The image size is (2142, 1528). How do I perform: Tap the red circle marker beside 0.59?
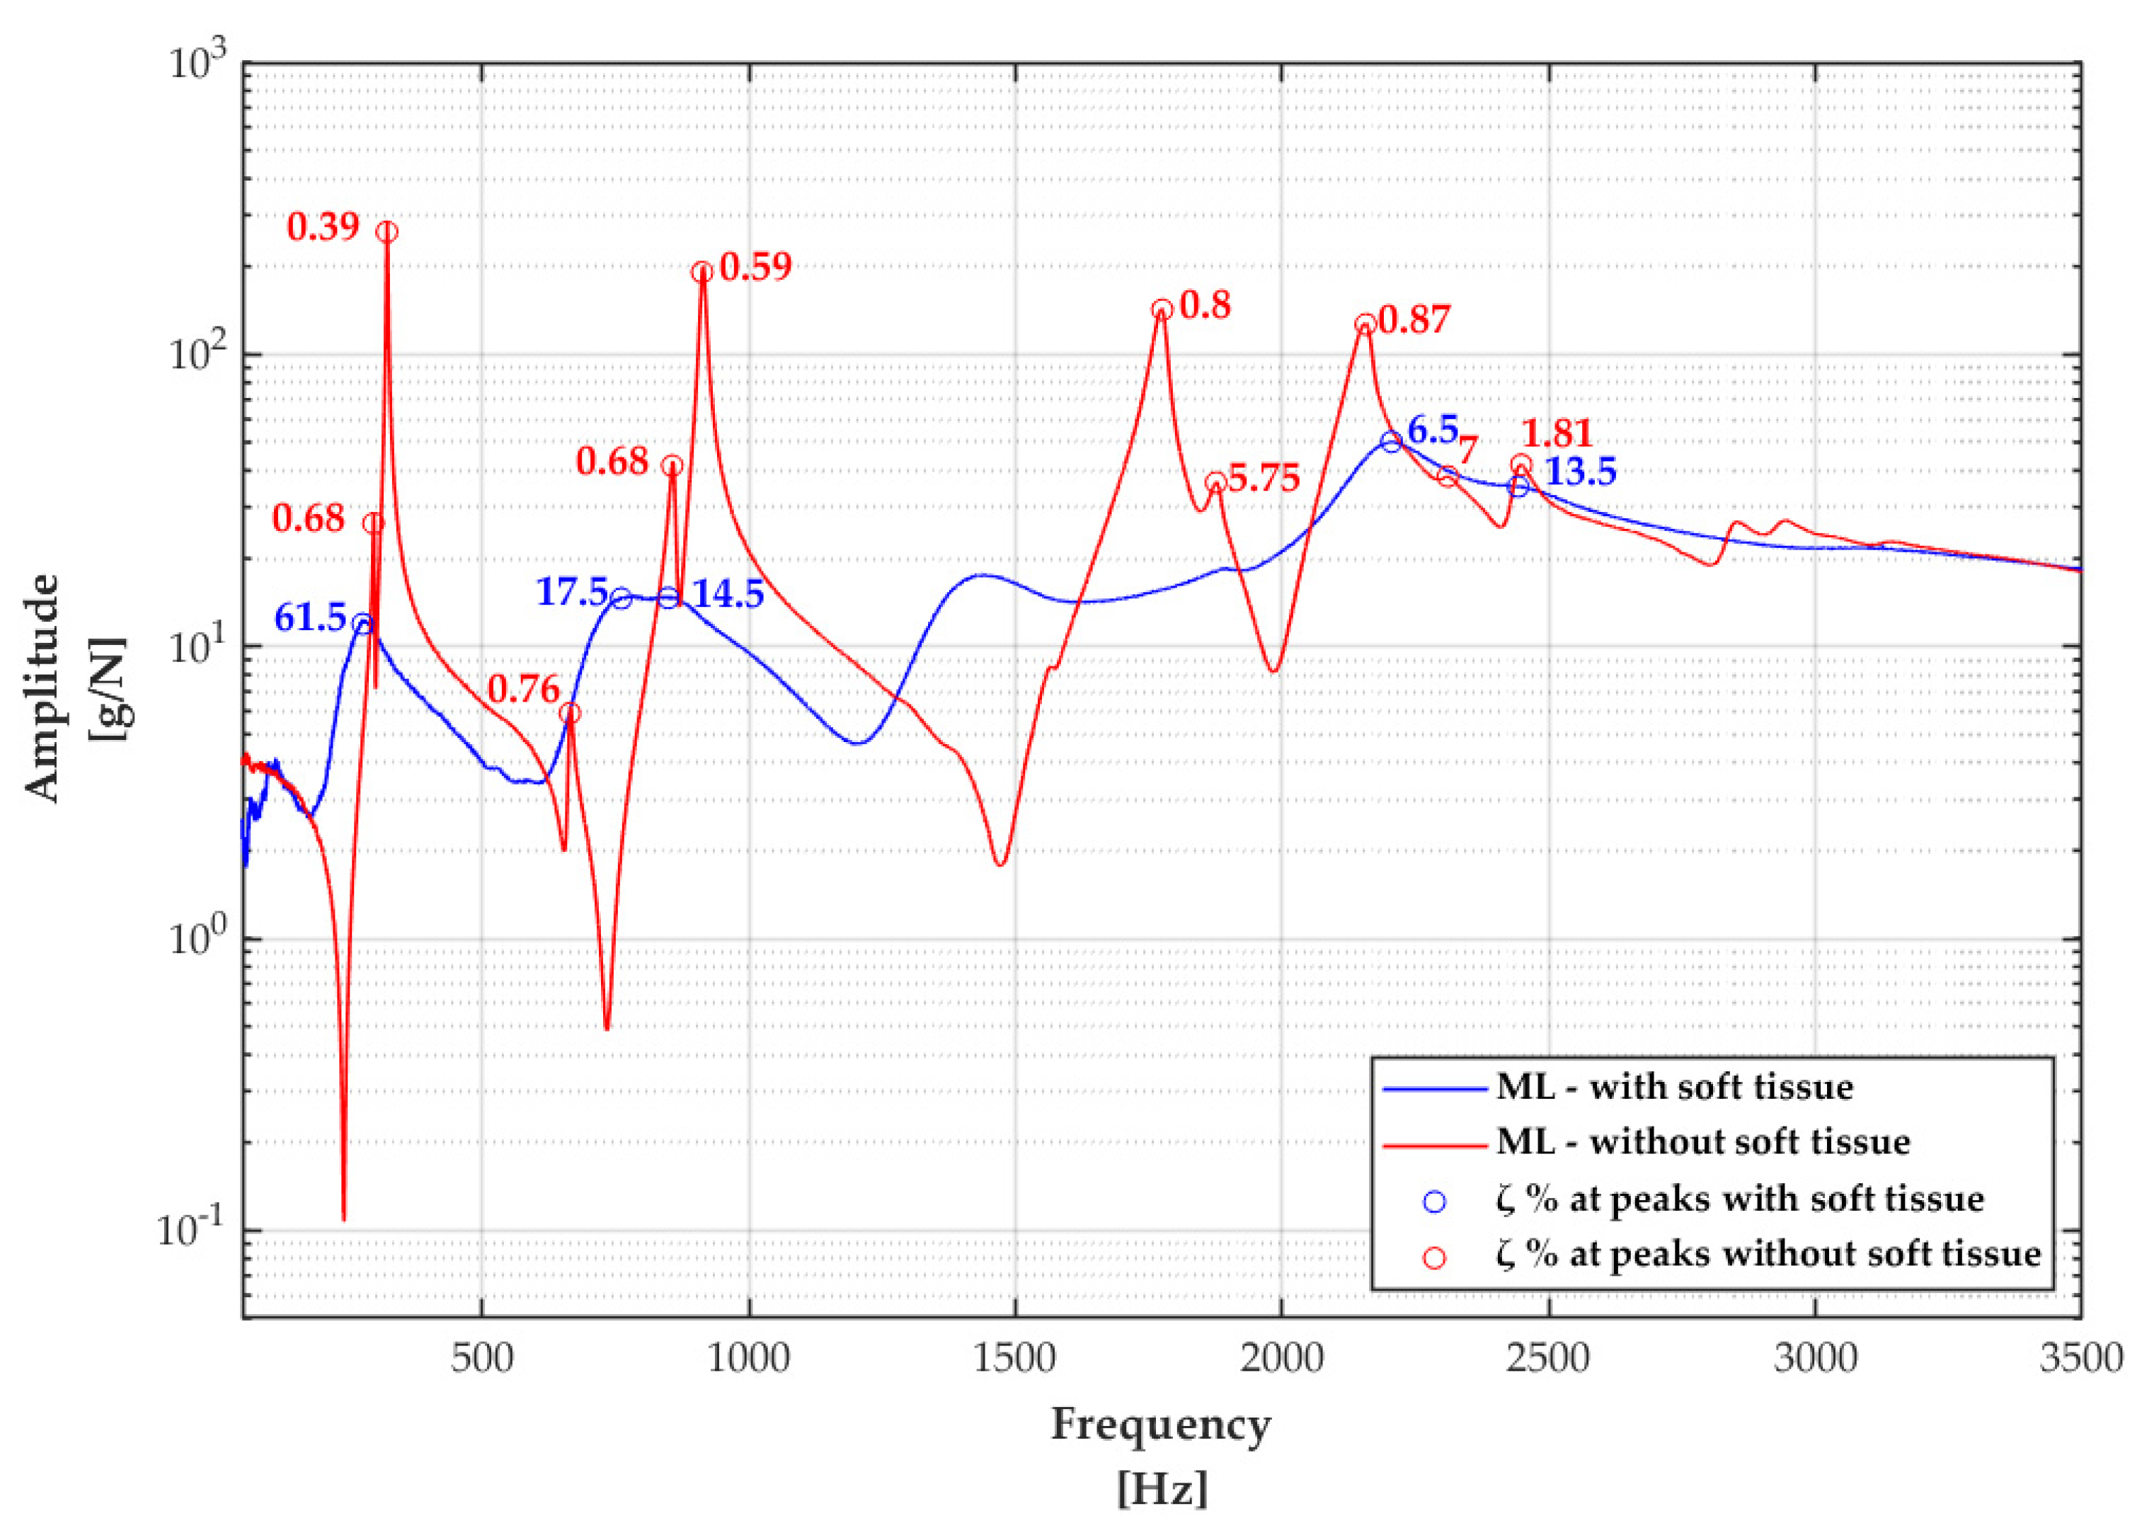(x=701, y=272)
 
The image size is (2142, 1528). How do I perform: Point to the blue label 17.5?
(x=572, y=592)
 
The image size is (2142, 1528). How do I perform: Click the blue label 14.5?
(x=728, y=595)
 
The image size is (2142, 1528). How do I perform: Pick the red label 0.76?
(x=523, y=690)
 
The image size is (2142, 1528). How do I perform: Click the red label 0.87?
(x=1415, y=320)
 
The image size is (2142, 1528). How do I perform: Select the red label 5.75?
(x=1264, y=478)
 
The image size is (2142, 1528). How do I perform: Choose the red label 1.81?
(x=1557, y=434)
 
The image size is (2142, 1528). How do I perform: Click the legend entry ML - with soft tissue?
(x=1675, y=1087)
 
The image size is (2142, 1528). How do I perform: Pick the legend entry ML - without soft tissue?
(x=1702, y=1142)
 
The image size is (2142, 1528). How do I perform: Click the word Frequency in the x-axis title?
(x=1161, y=1424)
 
